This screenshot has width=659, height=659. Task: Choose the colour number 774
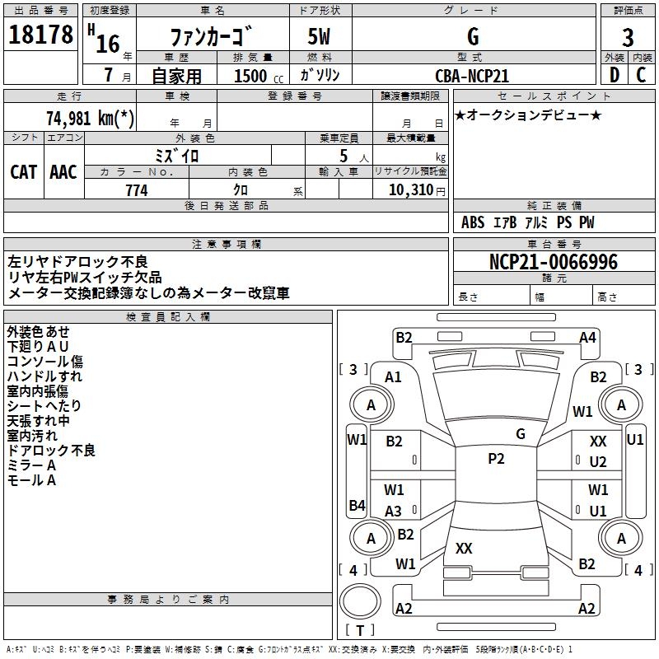click(137, 190)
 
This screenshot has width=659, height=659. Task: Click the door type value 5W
click(320, 38)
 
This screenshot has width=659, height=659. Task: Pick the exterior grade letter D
click(614, 75)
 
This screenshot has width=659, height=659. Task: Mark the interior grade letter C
click(642, 75)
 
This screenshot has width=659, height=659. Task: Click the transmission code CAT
click(23, 172)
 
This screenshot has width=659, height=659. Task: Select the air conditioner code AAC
click(63, 172)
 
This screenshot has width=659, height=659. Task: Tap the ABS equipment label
click(473, 222)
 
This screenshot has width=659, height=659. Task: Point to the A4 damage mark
click(587, 337)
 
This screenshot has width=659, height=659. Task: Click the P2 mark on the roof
click(496, 459)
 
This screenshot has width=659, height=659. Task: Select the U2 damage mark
click(598, 462)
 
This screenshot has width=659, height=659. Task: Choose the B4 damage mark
click(357, 505)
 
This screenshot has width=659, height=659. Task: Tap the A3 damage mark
click(394, 511)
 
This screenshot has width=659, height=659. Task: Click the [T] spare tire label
click(360, 631)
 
